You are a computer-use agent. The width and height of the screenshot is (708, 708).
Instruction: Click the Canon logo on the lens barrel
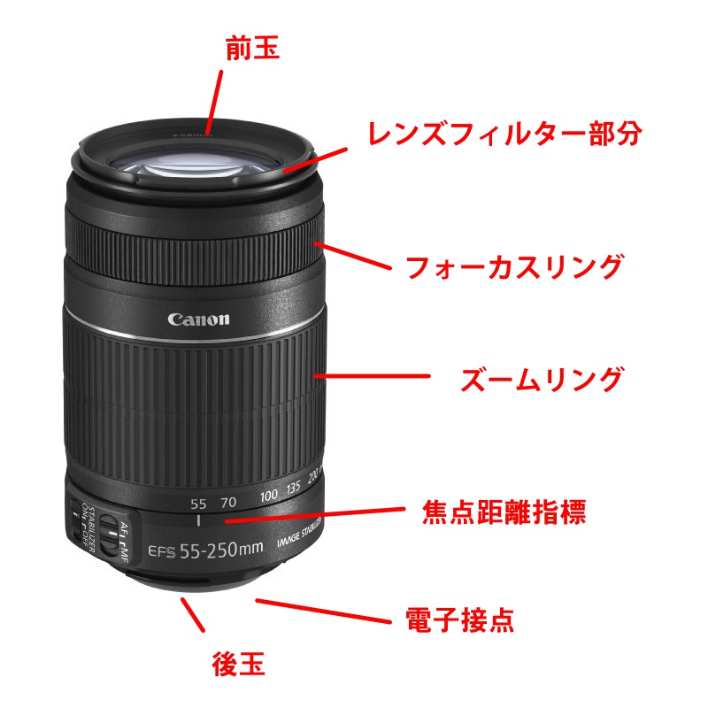coord(198,319)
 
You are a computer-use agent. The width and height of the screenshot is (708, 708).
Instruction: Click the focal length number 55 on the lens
coord(198,504)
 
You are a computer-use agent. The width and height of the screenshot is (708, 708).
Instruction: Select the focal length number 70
coord(228,502)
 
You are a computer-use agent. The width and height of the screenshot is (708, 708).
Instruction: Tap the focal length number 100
coord(269,496)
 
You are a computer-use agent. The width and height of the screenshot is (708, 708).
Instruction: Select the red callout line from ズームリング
coord(376,377)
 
